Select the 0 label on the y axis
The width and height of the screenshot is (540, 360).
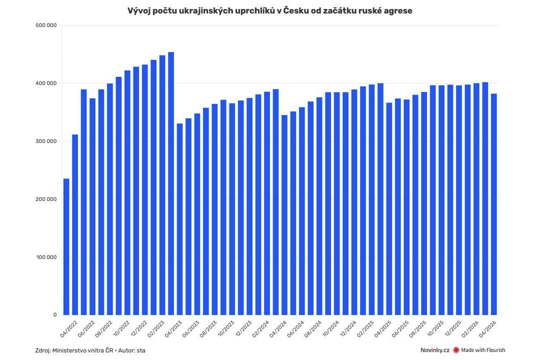pos(54,315)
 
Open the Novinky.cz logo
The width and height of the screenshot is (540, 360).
pos(434,350)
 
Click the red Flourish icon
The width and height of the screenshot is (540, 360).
pos(456,350)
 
